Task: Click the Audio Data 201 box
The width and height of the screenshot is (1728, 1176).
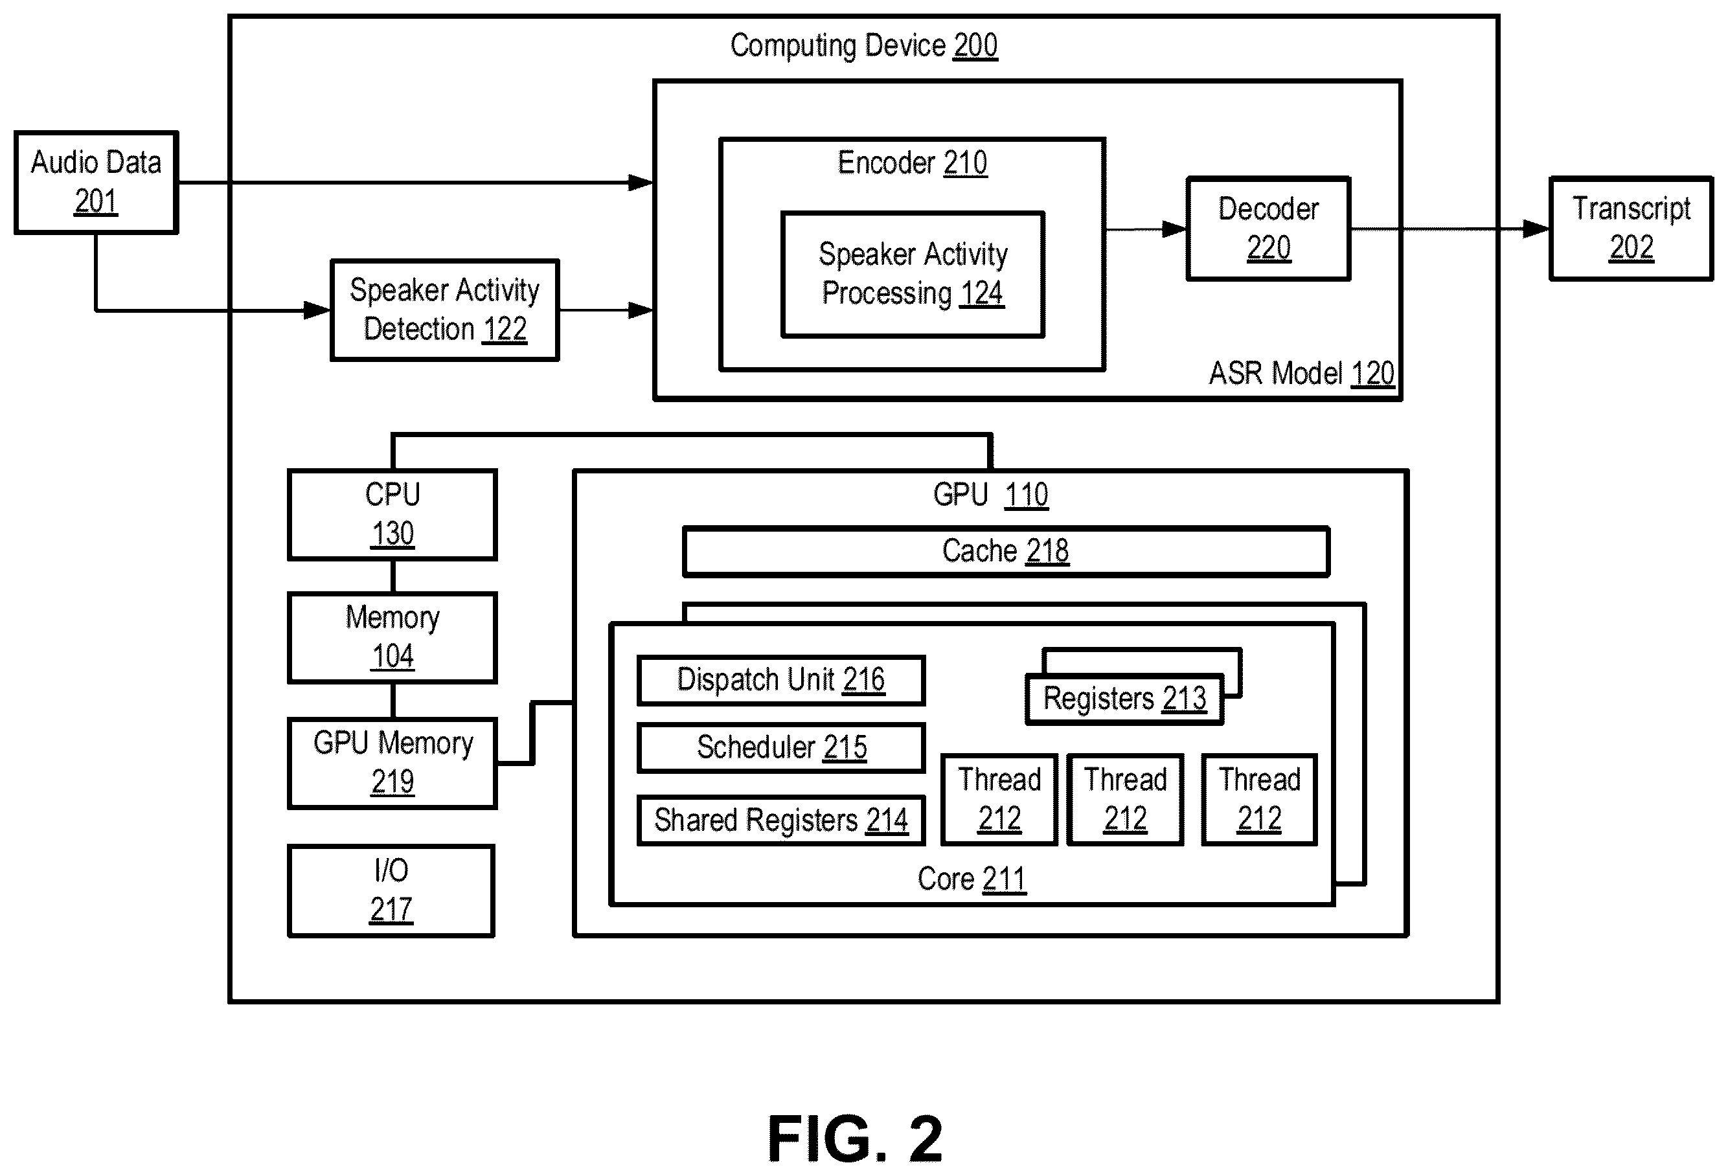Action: coord(96,183)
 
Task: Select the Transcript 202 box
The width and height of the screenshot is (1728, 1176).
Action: coord(1631,228)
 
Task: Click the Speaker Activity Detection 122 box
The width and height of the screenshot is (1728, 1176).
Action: coord(445,310)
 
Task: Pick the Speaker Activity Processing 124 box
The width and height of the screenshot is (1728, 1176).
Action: coord(913,275)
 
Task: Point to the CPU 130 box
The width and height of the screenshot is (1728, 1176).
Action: coord(392,514)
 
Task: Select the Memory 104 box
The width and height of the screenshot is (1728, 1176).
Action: coord(392,638)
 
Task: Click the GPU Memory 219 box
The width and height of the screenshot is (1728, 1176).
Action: coord(392,763)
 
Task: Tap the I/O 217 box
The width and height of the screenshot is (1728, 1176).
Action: coord(391,890)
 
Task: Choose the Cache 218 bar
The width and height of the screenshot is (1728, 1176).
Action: coord(1006,552)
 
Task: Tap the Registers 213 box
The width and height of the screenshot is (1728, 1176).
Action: coord(1124,699)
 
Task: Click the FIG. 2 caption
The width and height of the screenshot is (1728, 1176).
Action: coord(855,1138)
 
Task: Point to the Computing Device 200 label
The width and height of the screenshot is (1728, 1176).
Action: coord(864,45)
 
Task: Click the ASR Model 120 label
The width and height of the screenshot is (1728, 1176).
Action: coord(1301,373)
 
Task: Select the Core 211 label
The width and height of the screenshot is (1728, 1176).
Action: coord(972,879)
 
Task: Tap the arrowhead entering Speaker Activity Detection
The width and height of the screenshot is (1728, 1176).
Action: coord(317,310)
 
